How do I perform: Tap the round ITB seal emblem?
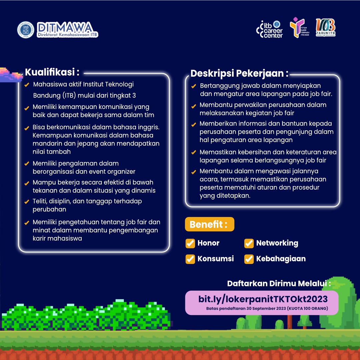(x=26, y=30)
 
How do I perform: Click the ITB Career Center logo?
(x=269, y=29)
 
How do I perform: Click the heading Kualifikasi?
(x=52, y=72)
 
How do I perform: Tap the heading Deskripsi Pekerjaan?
(x=239, y=73)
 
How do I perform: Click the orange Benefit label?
(x=209, y=224)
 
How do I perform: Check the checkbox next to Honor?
(x=190, y=243)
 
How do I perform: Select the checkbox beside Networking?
(x=249, y=243)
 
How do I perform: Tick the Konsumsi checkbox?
(x=190, y=259)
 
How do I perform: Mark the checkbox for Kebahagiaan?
(x=249, y=259)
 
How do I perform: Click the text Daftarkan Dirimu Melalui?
(x=279, y=284)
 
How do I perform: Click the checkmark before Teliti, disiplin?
(x=27, y=202)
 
